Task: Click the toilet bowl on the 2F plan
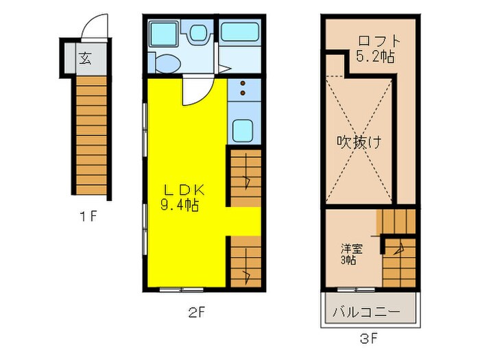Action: coord(167,62)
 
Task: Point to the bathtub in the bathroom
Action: coord(238,32)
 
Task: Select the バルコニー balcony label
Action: coord(366,311)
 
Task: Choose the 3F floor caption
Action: coord(369,338)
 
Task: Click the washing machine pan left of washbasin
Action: coord(165,32)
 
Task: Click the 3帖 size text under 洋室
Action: coord(348,260)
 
